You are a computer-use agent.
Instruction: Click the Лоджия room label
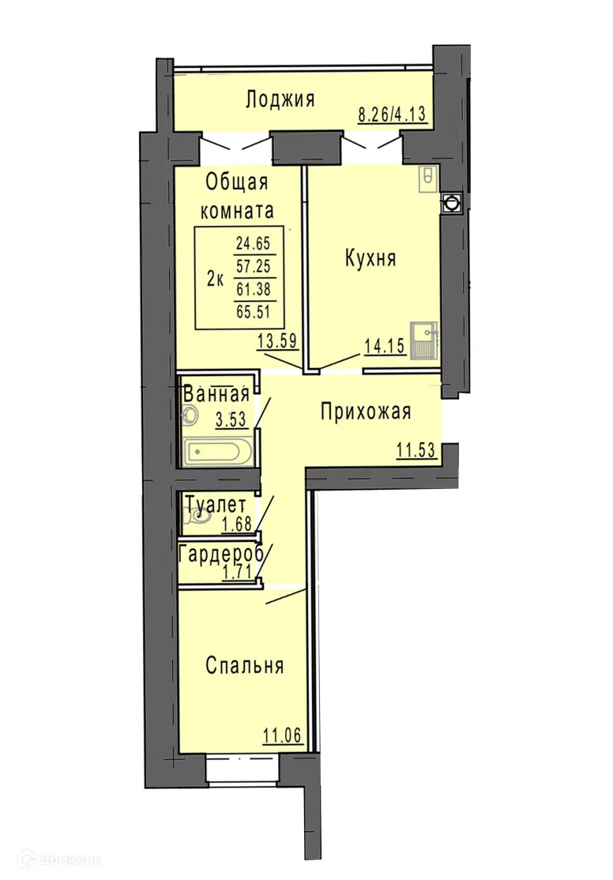(280, 100)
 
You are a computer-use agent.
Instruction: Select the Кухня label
(370, 258)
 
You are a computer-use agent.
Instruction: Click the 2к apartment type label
(214, 277)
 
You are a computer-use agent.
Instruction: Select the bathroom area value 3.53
(231, 419)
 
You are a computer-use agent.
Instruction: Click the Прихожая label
(366, 412)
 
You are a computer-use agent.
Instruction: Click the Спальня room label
(244, 666)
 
